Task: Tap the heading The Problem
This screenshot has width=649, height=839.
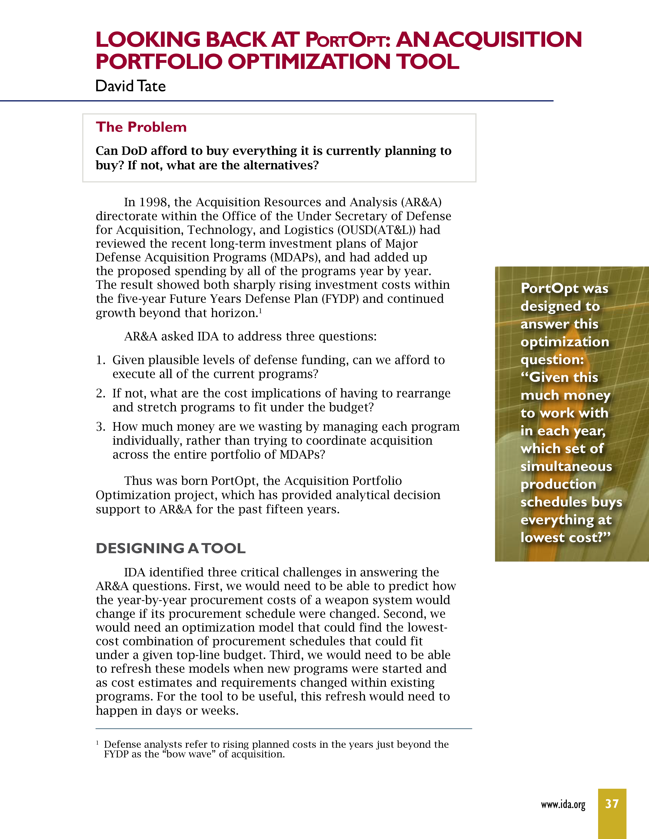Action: coord(141,127)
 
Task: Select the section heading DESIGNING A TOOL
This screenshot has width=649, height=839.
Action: coord(170,548)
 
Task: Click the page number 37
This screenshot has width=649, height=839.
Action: coord(612,804)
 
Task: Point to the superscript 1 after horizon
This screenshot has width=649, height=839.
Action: coord(260,311)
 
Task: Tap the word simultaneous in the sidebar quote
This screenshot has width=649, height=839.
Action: coord(566,466)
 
